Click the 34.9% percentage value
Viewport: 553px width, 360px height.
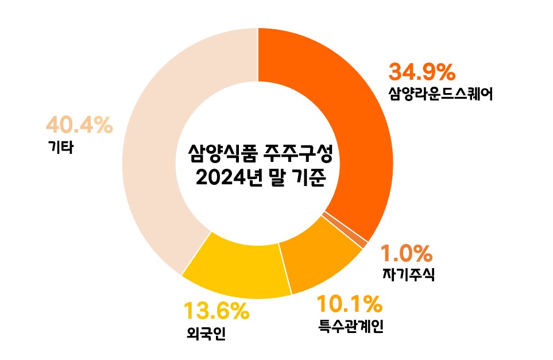tap(422, 72)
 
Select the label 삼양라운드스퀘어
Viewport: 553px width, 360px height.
tap(440, 93)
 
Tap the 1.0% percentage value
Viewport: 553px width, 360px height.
tap(407, 253)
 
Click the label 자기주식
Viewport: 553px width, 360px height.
tap(408, 274)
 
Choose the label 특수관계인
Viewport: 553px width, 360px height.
tap(350, 326)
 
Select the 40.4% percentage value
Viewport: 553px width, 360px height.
tap(79, 125)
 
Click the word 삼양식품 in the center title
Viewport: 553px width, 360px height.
tap(222, 153)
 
